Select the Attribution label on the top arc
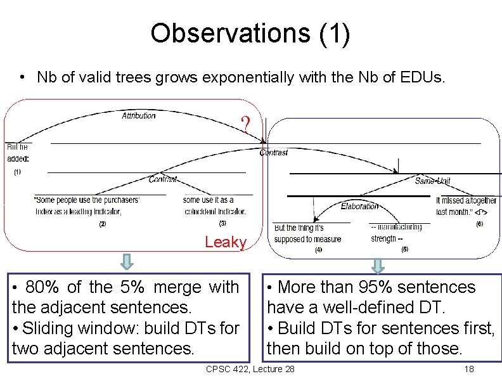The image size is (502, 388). (138, 115)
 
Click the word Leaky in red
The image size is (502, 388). (226, 242)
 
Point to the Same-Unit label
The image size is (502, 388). (433, 181)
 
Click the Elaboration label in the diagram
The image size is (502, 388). (359, 206)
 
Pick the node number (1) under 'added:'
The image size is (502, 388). (17, 172)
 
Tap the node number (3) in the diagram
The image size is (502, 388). (222, 223)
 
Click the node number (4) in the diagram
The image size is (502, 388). (318, 250)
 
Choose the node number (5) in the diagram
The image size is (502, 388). (404, 249)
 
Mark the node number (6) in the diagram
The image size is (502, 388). (479, 224)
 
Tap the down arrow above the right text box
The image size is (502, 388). (378, 264)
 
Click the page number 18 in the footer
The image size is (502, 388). (469, 370)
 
